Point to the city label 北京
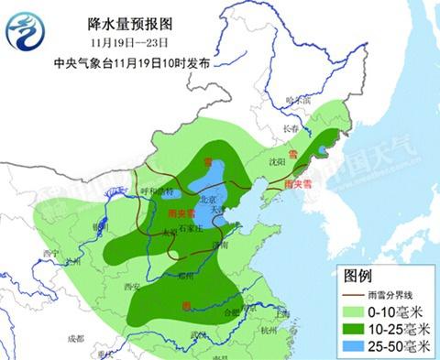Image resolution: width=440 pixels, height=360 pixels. point(208,199)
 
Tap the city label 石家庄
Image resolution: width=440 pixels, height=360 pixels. point(191,224)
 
